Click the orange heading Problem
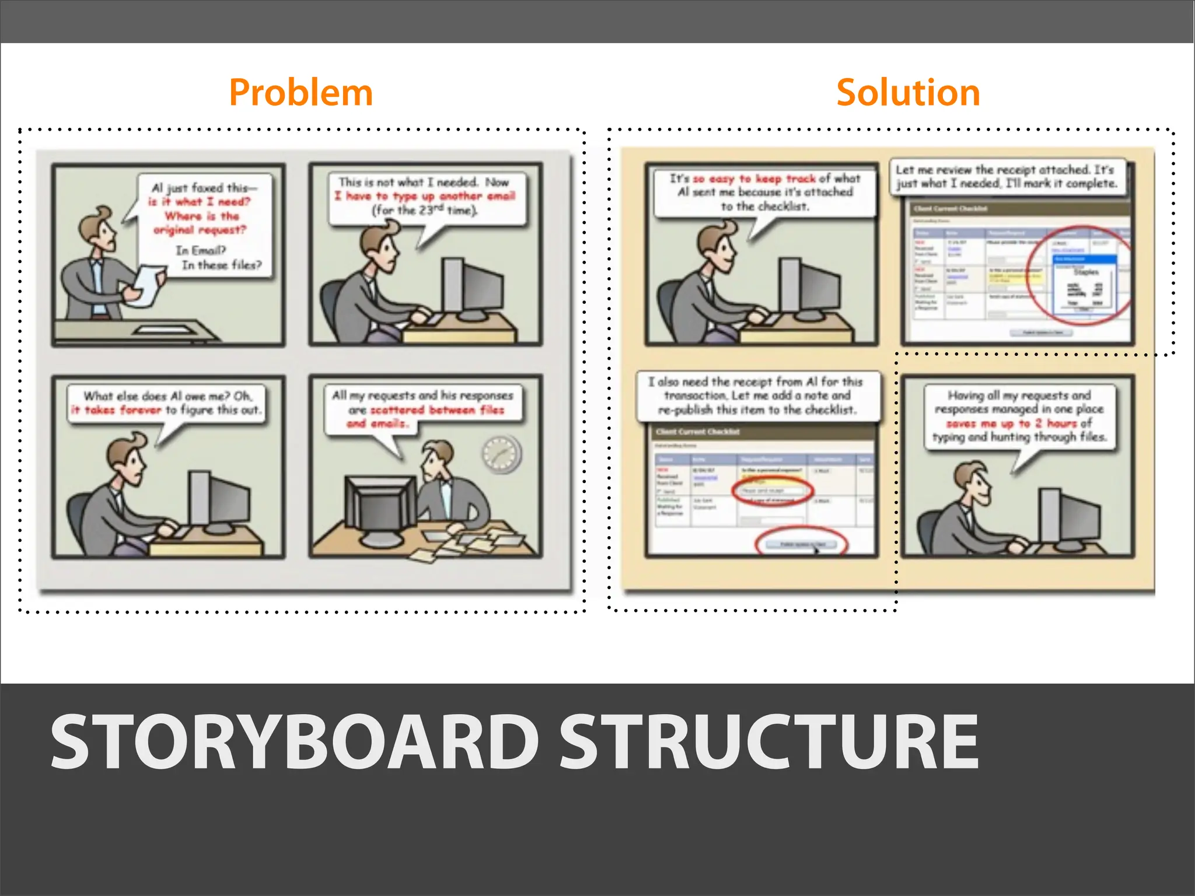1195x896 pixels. point(301,93)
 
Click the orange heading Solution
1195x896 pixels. point(908,93)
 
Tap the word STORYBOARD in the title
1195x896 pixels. point(295,742)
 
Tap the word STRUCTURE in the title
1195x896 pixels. point(769,742)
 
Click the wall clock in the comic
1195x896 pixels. point(501,453)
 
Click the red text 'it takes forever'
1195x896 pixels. point(116,410)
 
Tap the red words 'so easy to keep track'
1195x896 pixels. point(754,178)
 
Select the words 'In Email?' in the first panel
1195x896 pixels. point(201,250)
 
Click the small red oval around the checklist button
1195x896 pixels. point(802,544)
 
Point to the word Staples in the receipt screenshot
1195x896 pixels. point(1086,272)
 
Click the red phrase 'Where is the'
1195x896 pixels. point(202,216)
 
